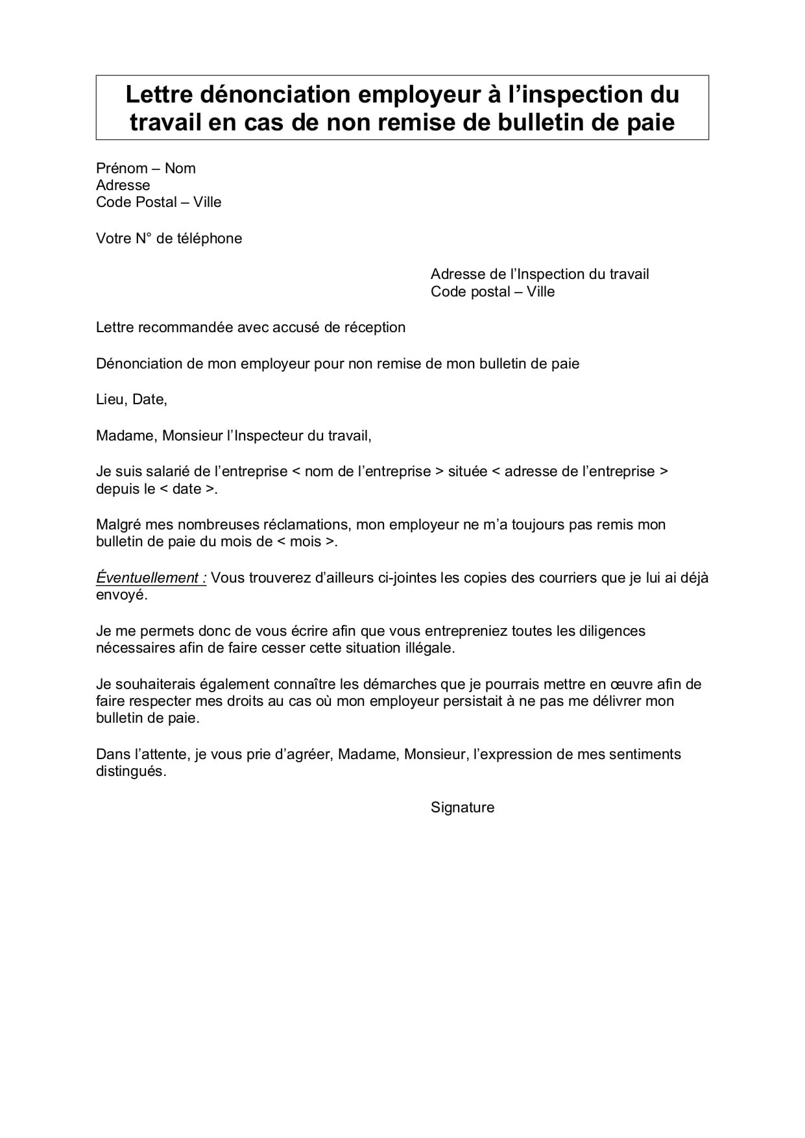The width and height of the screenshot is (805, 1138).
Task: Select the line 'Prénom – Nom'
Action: coord(145,169)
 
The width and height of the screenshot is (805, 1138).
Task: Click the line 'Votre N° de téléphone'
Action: coord(169,239)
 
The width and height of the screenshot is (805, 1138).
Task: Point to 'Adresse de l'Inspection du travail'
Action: coord(539,274)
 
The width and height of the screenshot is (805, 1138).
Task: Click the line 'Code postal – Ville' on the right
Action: coord(492,292)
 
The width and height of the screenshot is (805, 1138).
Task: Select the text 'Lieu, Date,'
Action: coord(132,400)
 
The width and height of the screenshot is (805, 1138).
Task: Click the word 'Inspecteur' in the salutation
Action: coord(268,436)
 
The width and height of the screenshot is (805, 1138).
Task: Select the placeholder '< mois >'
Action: coord(306,542)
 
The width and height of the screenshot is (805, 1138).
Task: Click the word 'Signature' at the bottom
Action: coord(462,808)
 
